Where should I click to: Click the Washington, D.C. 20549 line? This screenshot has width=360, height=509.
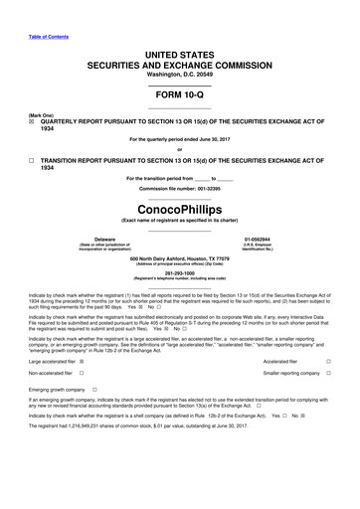click(180, 61)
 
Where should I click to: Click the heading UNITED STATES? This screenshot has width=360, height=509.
click(180, 35)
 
